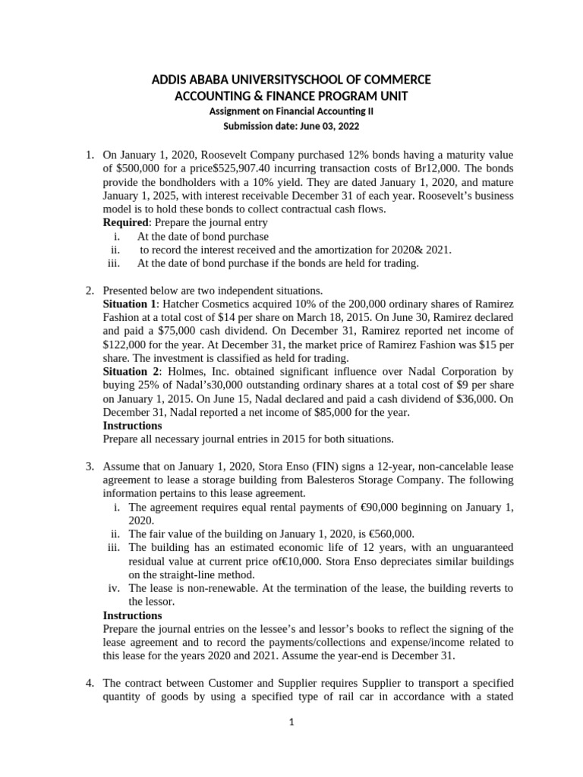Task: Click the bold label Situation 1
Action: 131,304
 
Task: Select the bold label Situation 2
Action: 131,372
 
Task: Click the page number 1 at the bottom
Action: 291,722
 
